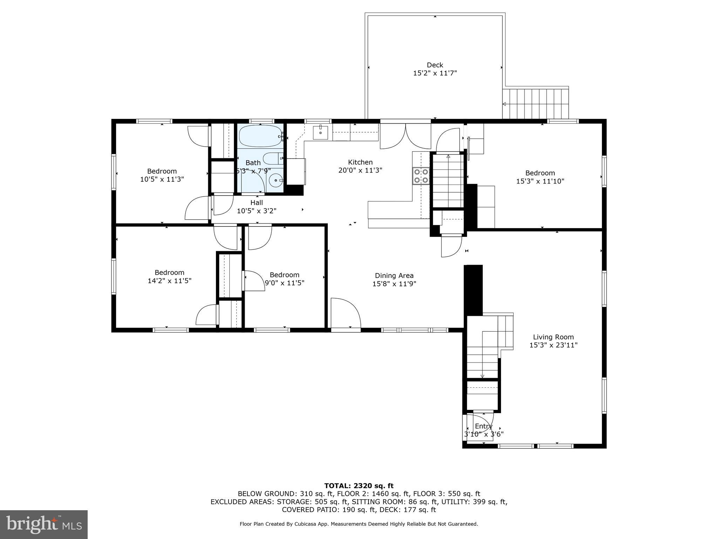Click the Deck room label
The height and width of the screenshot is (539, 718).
pos(435,65)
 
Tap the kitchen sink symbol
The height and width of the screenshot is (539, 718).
pos(320,132)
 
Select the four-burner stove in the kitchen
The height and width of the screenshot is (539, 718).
pos(421,176)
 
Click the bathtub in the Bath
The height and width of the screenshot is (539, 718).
pos(260,136)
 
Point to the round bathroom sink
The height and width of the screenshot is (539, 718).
pos(276,181)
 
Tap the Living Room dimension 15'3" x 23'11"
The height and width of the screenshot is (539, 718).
pos(553,345)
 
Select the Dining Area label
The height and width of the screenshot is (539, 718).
pos(394,275)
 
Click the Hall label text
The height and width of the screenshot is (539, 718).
pos(257,202)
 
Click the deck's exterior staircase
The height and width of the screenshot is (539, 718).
pos(535,104)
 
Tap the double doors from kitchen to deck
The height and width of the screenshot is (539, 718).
pos(405,136)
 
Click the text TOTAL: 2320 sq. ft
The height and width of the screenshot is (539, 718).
pos(359,486)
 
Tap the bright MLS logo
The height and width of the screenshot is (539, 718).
pos(44,524)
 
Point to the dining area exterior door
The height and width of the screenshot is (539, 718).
pos(345,314)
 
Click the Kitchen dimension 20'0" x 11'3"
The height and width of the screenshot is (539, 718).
pos(360,170)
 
